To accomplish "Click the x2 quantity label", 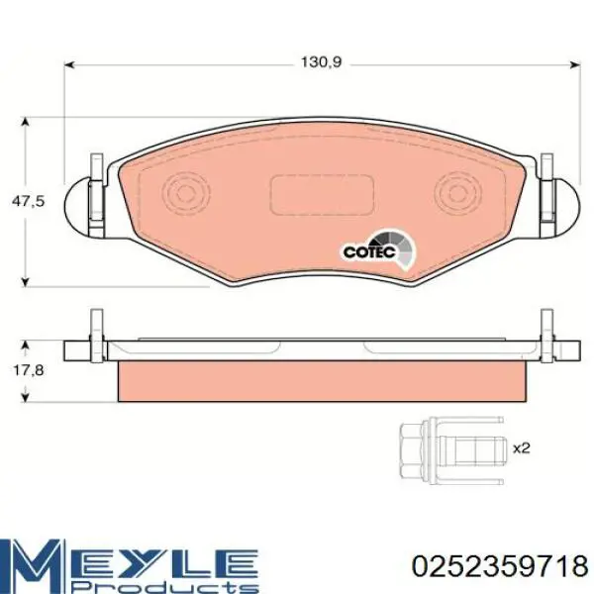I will [x=522, y=448].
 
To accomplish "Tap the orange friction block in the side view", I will [x=321, y=381].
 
